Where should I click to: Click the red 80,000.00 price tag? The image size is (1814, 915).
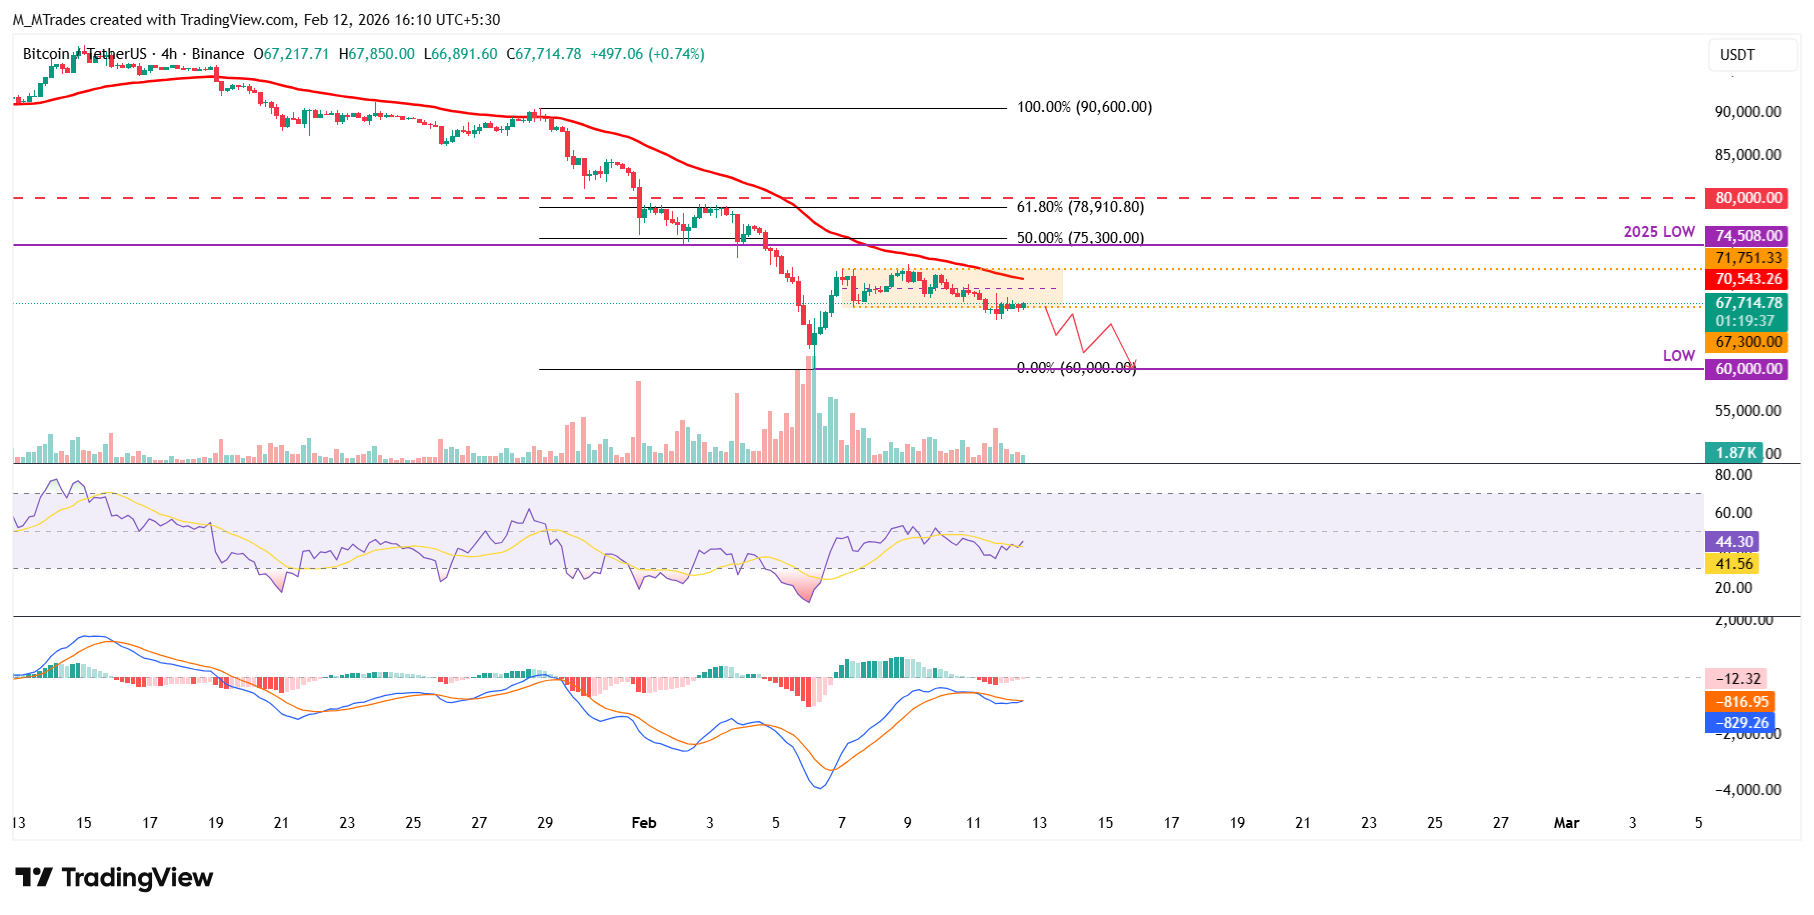coord(1748,198)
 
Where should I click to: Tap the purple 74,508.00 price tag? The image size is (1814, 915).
coord(1748,236)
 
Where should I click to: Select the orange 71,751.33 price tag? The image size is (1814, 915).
coord(1748,258)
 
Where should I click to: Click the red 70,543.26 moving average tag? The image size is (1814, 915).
coord(1748,279)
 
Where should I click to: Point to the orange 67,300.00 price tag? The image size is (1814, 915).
coord(1748,342)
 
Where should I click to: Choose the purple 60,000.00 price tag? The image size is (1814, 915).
coord(1748,369)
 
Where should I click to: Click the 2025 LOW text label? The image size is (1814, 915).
coord(1659,232)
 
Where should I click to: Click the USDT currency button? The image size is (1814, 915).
coord(1738,55)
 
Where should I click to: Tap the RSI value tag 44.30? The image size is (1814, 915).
coord(1734,542)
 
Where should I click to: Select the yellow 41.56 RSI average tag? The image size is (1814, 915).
coord(1734,564)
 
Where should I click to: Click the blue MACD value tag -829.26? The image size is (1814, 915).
coord(1742,722)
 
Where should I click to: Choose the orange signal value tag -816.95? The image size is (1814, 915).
coord(1742,702)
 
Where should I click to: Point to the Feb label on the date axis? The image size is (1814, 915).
coord(644,823)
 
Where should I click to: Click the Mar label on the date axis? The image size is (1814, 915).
coord(1566,823)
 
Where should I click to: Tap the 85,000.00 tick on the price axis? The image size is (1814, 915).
coord(1747,155)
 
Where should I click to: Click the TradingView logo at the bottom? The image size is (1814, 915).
coord(114,878)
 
